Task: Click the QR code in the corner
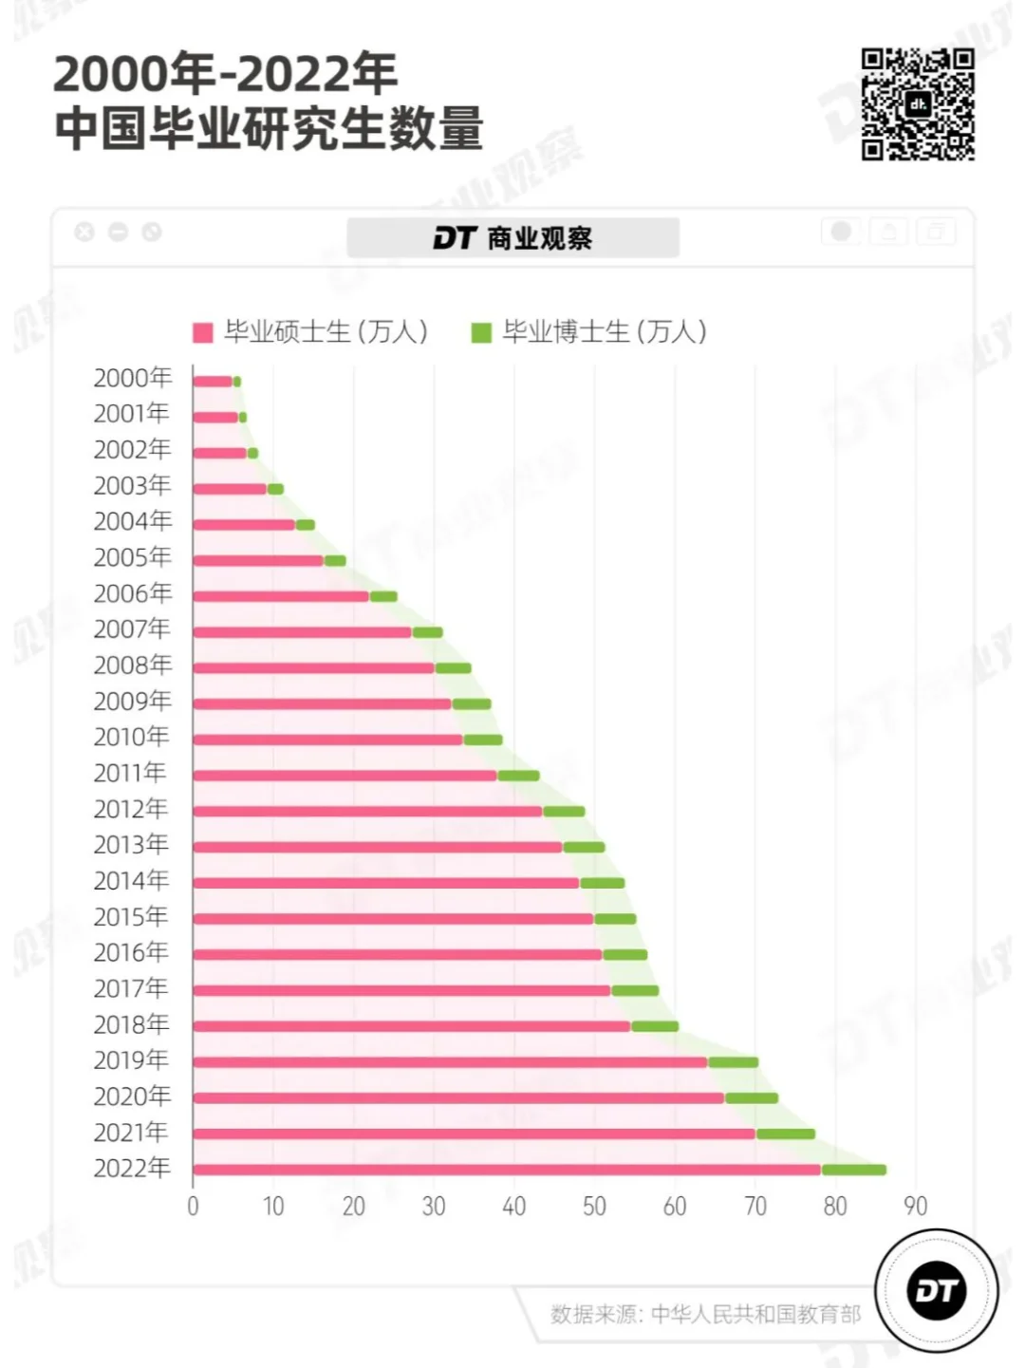click(918, 104)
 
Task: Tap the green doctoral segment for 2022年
click(854, 1170)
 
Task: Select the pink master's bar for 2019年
click(450, 1061)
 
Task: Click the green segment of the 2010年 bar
click(483, 740)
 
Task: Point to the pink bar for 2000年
click(213, 382)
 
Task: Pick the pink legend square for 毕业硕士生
click(202, 333)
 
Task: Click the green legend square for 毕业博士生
click(481, 333)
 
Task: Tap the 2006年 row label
click(132, 594)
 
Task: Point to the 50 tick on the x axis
click(594, 1207)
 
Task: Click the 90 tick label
click(915, 1207)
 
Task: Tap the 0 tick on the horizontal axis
click(193, 1207)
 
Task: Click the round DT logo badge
click(936, 1291)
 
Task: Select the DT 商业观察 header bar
click(512, 238)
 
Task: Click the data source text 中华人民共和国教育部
click(755, 1314)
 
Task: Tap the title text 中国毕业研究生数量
click(269, 129)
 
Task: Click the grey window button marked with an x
click(84, 232)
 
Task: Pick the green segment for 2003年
click(275, 489)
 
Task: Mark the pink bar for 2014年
click(385, 883)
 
